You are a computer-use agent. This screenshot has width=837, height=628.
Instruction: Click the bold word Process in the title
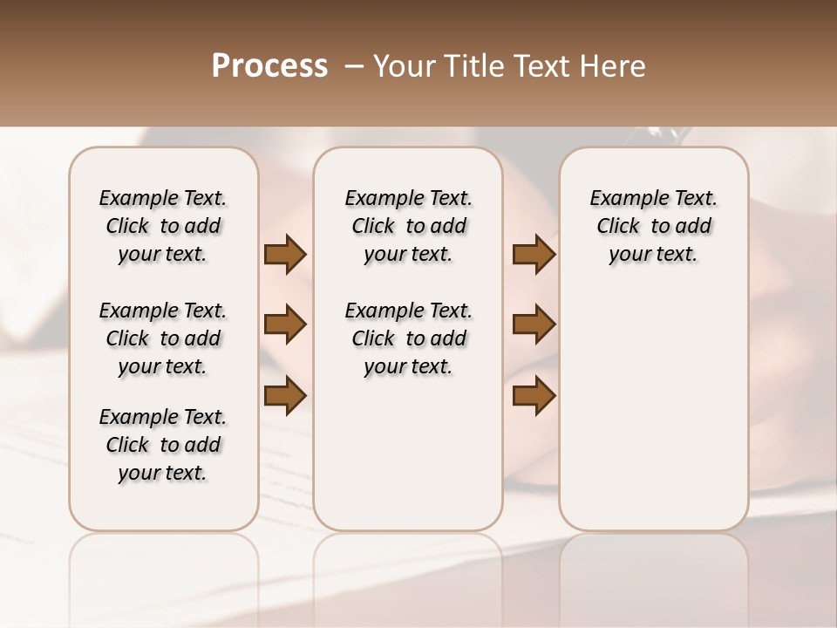(x=269, y=66)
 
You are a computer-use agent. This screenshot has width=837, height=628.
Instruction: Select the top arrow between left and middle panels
(x=285, y=255)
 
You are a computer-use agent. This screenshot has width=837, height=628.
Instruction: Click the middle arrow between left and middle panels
(x=285, y=324)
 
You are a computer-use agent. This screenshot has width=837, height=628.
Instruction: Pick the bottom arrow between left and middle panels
(x=285, y=395)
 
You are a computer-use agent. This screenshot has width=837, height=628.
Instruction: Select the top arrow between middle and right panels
(x=534, y=255)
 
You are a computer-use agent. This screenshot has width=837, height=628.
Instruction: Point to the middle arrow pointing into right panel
(x=534, y=324)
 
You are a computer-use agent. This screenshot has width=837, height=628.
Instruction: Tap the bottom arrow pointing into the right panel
(x=534, y=395)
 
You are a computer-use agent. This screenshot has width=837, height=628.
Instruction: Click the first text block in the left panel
(x=163, y=226)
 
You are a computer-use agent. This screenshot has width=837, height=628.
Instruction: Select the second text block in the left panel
(x=163, y=338)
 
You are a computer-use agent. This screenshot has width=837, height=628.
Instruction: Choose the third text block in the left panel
(x=163, y=445)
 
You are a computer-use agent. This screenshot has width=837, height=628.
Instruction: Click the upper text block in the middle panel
(x=409, y=226)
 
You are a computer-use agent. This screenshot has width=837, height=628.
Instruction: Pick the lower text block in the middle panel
(x=409, y=338)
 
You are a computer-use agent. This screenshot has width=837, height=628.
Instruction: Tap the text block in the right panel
(x=654, y=226)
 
